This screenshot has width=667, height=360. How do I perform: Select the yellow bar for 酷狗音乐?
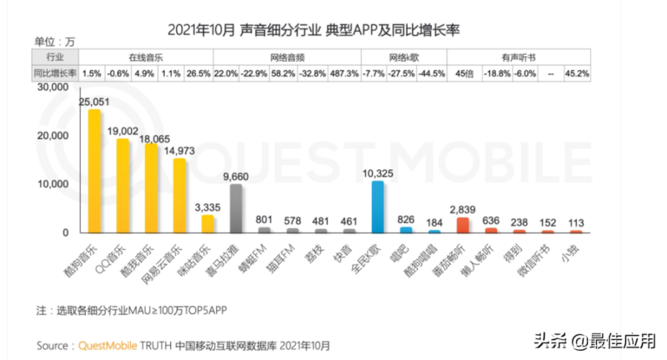(94, 171)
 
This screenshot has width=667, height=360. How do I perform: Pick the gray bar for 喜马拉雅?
(236, 207)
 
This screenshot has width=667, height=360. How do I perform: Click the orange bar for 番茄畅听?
(463, 224)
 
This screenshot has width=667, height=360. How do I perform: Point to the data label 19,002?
(123, 131)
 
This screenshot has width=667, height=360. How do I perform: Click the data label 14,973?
(181, 151)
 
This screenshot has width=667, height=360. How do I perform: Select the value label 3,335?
(208, 207)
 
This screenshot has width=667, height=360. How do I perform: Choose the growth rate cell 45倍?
(464, 73)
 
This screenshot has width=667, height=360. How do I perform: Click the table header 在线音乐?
(146, 58)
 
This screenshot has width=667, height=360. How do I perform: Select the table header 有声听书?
(518, 58)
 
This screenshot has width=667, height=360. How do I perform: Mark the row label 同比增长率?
(56, 73)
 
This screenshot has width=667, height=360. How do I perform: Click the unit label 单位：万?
(55, 41)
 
